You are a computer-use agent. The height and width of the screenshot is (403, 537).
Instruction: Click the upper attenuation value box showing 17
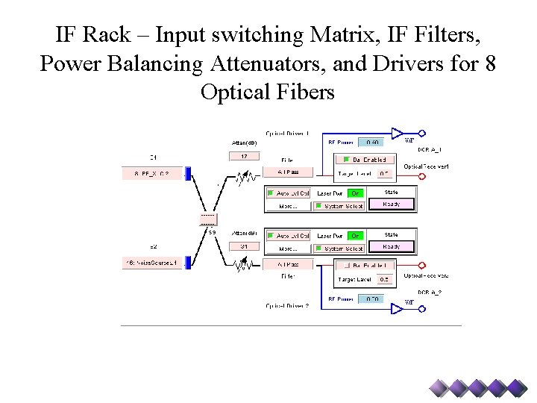[x=244, y=157]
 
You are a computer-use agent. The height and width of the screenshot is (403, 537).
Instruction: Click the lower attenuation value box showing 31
[x=244, y=246]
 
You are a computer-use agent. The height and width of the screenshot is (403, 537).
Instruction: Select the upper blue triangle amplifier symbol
[x=397, y=134]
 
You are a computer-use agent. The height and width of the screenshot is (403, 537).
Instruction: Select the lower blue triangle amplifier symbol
[x=397, y=307]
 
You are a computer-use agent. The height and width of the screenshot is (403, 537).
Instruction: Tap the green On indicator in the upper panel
[x=356, y=193]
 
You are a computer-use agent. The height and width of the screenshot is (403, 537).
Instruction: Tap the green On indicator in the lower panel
[x=356, y=236]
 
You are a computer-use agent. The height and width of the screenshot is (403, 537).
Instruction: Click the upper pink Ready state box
[x=392, y=204]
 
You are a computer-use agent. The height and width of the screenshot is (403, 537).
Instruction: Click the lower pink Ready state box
[x=392, y=247]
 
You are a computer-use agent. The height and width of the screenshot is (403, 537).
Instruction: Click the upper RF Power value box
[x=372, y=142]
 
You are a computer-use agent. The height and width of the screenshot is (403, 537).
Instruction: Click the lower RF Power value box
[x=372, y=299]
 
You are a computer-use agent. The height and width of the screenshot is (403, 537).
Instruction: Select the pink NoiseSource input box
[x=152, y=263]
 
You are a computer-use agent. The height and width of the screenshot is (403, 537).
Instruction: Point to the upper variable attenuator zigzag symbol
[x=243, y=178]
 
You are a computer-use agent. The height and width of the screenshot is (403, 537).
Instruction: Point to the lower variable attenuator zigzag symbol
[x=243, y=263]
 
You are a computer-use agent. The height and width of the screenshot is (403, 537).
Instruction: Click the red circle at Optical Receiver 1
[x=421, y=159]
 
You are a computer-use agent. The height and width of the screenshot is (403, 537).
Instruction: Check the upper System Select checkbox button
[x=339, y=206]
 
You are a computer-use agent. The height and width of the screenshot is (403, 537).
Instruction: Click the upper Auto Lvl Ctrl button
[x=288, y=193]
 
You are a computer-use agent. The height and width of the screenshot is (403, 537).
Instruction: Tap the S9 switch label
[x=212, y=233]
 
